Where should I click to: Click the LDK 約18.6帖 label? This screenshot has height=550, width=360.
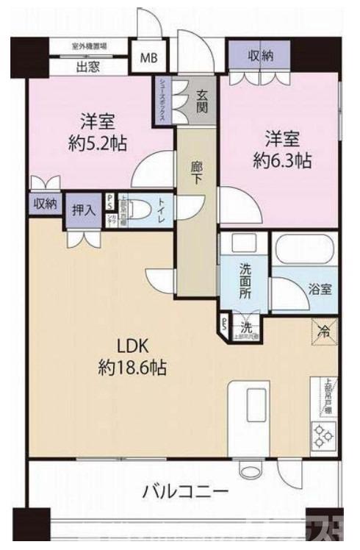[x=132, y=357]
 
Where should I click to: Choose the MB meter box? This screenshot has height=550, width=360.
[x=149, y=57]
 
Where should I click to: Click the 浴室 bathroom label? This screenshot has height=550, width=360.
[x=320, y=288]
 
